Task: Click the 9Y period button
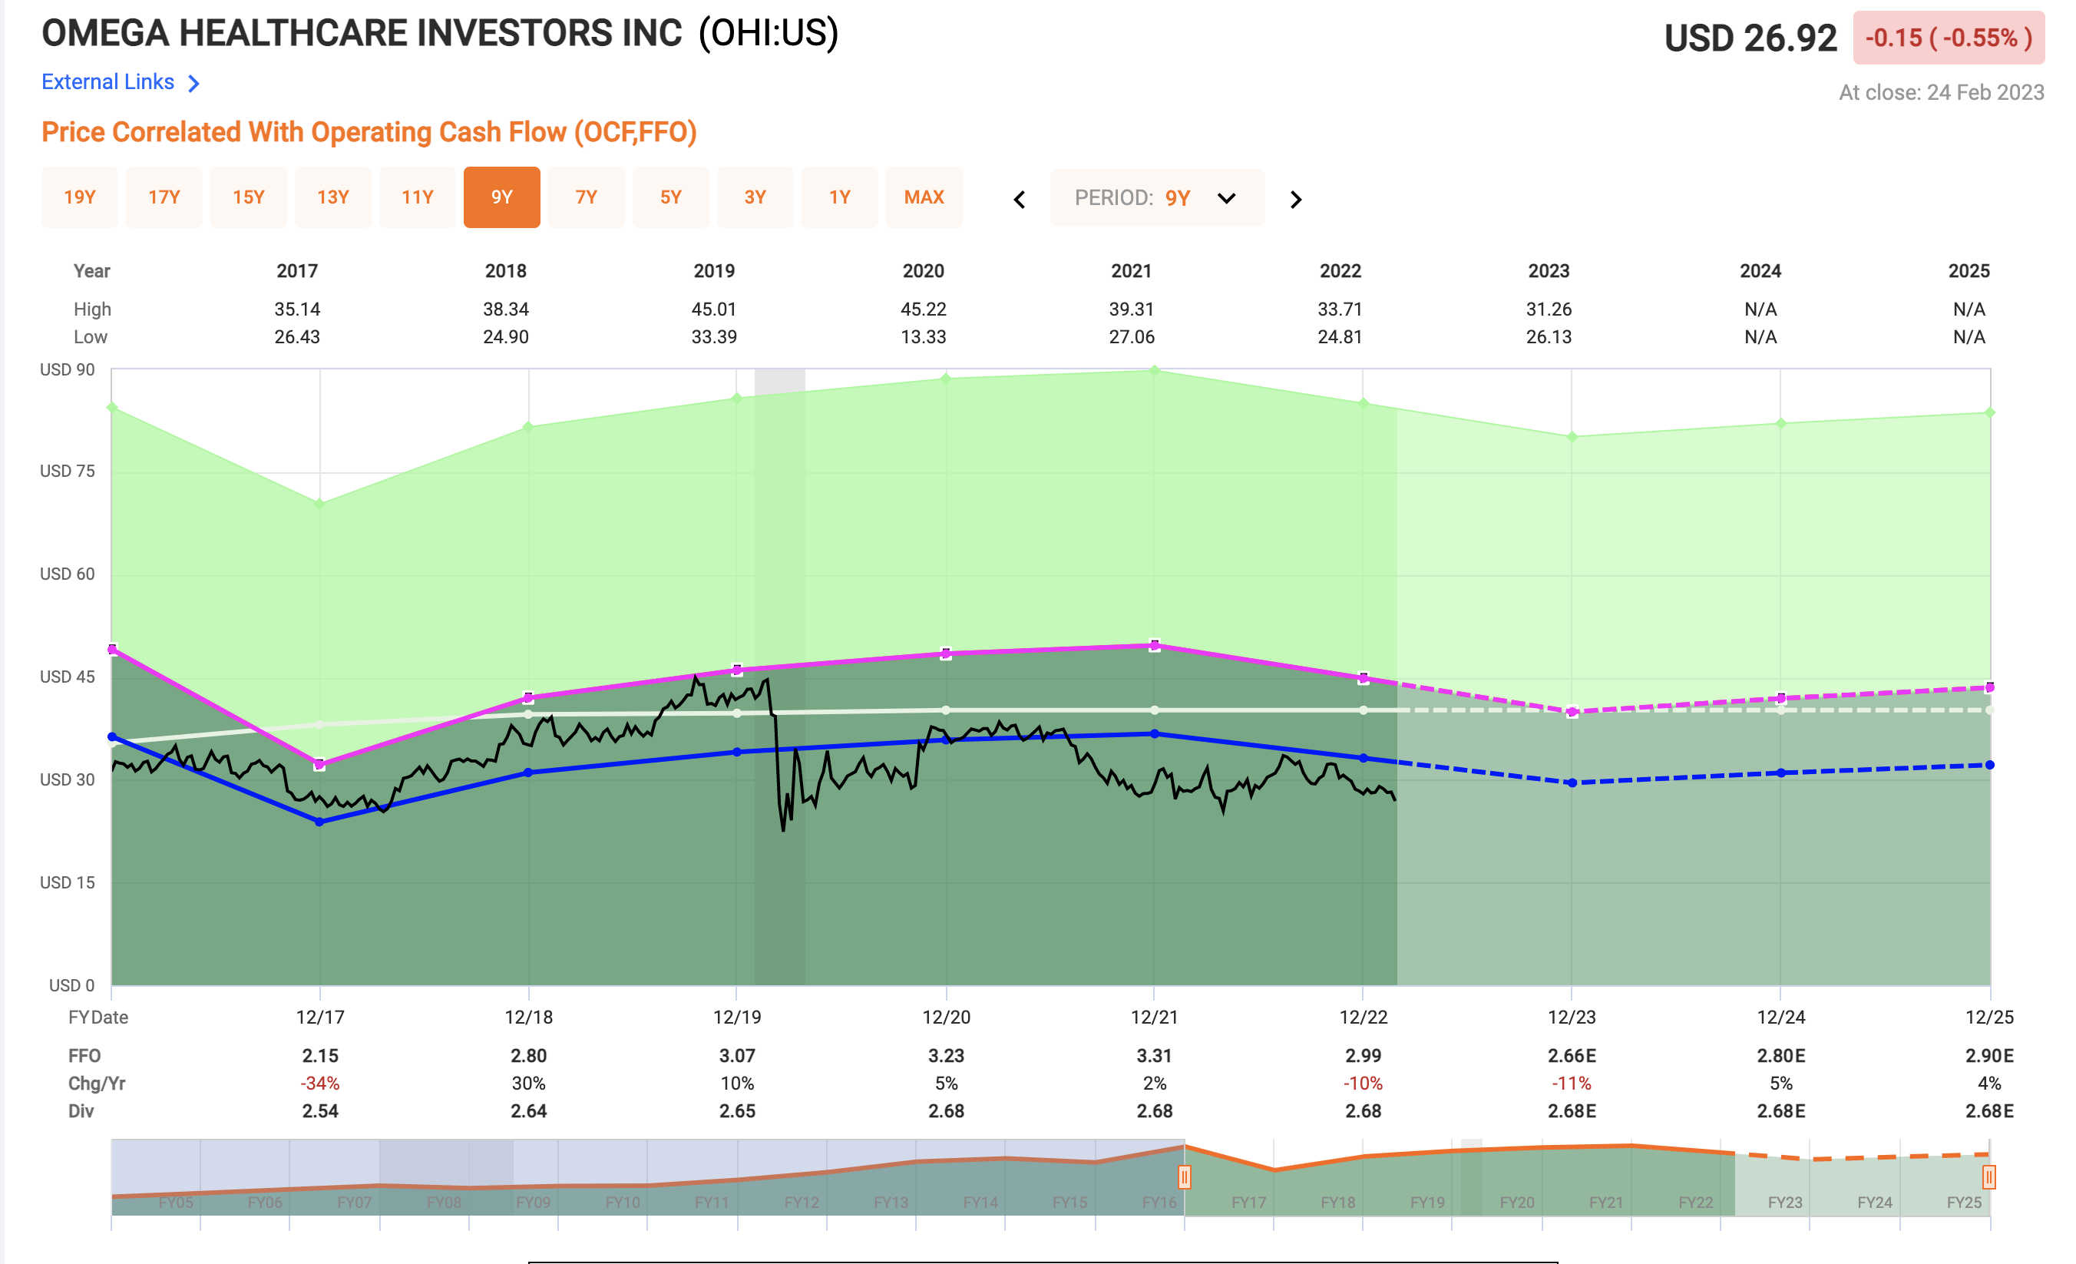point(501,197)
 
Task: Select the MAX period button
point(924,197)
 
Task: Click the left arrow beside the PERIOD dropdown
point(1020,200)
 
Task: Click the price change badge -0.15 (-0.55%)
point(1947,38)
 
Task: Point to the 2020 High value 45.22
point(923,309)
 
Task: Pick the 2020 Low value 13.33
point(923,337)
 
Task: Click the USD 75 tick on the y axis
point(68,471)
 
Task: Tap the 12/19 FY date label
point(736,1017)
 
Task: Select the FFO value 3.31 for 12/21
point(1153,1056)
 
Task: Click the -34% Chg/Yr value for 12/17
point(319,1084)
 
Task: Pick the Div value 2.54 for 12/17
point(319,1111)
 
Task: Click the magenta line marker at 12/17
point(319,765)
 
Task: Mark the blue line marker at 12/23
point(1572,783)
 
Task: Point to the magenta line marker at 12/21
point(1154,647)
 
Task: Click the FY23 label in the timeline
point(1784,1203)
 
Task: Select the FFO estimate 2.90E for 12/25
point(1988,1056)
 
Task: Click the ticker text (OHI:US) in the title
point(769,34)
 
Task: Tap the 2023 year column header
point(1548,271)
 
